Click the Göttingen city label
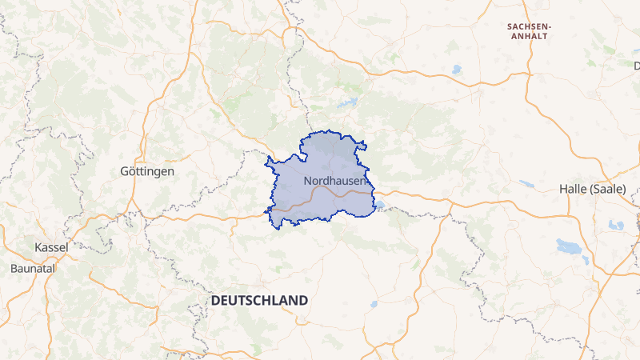[x=146, y=172]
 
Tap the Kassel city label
[x=51, y=247]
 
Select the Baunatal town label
[x=32, y=269]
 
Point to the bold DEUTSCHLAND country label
[x=259, y=300]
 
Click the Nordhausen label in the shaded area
[x=334, y=182]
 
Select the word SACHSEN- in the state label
[x=530, y=26]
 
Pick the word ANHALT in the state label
[x=530, y=37]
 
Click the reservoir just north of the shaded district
[x=349, y=103]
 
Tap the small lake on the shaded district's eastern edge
[x=379, y=206]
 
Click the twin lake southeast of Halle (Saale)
[x=615, y=226]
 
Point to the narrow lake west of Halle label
[x=526, y=184]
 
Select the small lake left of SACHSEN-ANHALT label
[x=456, y=70]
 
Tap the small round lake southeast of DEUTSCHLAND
[x=374, y=305]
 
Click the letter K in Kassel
[x=38, y=247]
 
